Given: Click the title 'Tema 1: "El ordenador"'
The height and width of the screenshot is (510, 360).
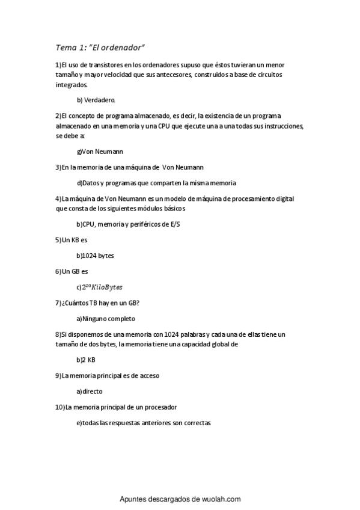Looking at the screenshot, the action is pyautogui.click(x=100, y=48).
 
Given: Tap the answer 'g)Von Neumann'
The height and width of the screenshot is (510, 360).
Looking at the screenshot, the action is pyautogui.click(x=100, y=152).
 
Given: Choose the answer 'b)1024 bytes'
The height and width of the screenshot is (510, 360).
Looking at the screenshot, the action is pyautogui.click(x=95, y=256).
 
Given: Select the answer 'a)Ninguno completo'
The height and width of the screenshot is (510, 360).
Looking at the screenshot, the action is pyautogui.click(x=106, y=318).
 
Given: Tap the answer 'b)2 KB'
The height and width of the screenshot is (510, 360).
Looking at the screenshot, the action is pyautogui.click(x=86, y=360).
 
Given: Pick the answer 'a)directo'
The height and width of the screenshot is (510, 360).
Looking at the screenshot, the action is pyautogui.click(x=90, y=392).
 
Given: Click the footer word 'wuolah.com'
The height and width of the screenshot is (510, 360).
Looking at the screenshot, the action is pyautogui.click(x=220, y=499).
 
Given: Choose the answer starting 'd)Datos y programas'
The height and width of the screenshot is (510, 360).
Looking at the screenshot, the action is pyautogui.click(x=156, y=183).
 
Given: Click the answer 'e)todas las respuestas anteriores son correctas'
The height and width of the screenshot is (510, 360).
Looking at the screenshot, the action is pyautogui.click(x=144, y=423).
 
